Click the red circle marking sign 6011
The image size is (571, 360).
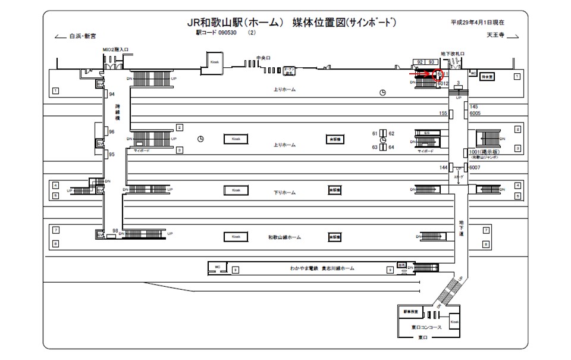[440, 75]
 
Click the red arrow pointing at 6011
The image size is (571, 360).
[424, 75]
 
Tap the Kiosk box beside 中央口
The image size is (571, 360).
[215, 61]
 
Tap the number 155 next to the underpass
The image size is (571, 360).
[443, 113]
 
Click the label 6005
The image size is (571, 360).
[475, 113]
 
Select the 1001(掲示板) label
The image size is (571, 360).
[484, 152]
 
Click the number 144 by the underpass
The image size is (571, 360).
[443, 168]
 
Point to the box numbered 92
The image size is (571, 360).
[420, 62]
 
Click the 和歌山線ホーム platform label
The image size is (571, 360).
[284, 237]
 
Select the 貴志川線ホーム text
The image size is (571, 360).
[338, 268]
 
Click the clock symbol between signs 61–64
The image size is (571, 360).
[384, 140]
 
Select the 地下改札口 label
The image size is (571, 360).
[452, 54]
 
